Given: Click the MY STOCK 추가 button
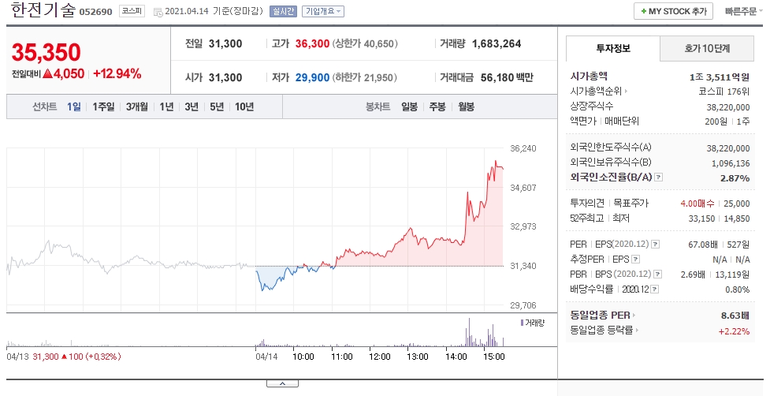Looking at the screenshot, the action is (674, 11).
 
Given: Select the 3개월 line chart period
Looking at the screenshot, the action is (136, 106).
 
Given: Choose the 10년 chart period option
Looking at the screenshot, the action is (244, 106).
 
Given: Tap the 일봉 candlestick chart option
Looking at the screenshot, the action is (409, 106).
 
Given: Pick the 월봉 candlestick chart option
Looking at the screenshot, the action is (466, 106).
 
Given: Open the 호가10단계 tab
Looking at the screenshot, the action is (707, 48).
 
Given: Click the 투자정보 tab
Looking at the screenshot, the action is (613, 48).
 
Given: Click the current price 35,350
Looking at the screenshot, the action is (46, 53).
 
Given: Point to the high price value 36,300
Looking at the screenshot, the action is (312, 43).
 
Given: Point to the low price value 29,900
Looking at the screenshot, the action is (312, 77).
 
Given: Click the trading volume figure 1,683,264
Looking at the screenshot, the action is (497, 43).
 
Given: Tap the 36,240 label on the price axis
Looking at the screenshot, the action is (523, 148).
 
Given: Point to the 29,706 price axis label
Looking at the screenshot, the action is (523, 305).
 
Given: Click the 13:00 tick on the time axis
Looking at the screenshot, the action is (418, 357).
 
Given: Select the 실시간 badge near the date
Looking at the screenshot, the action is (284, 11).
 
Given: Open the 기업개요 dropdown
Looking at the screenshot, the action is (322, 11).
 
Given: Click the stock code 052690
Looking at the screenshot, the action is (96, 12).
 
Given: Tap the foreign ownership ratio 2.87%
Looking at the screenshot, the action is (735, 177).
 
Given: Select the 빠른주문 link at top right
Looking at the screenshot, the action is (741, 11).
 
